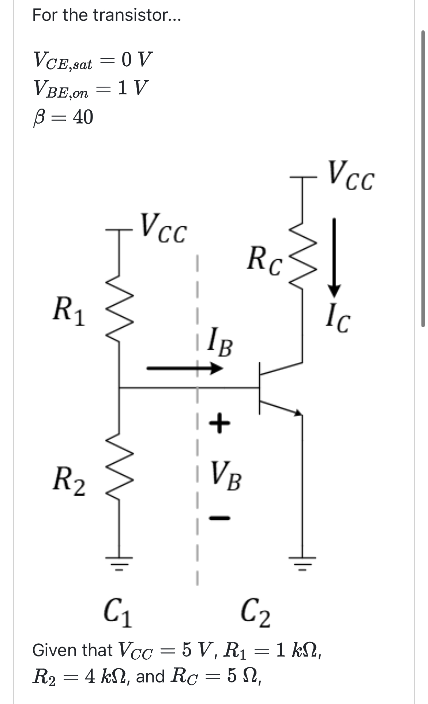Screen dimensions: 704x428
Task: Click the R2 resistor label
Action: (69, 481)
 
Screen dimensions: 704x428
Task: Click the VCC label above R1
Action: (164, 228)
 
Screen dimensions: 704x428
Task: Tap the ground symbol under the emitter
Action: (303, 564)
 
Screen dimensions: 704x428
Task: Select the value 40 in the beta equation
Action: (83, 117)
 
